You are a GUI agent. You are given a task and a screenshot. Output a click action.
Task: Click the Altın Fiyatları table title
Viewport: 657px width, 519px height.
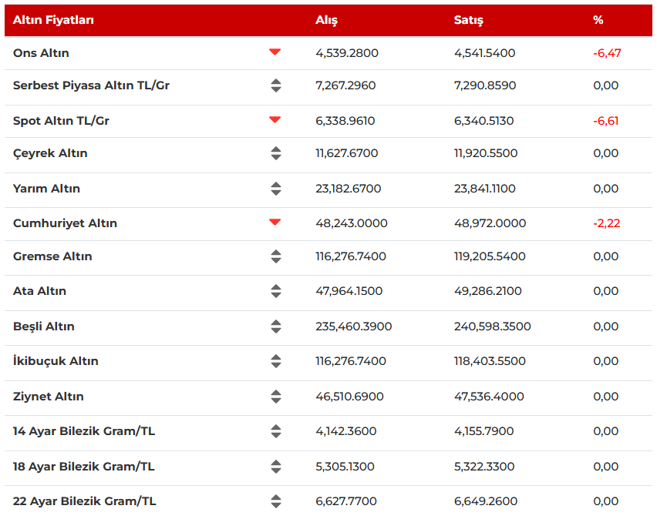[x=53, y=20]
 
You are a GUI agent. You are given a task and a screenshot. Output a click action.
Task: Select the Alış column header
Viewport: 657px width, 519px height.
[x=326, y=20]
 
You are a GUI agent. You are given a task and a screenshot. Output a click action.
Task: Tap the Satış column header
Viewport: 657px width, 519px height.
[x=468, y=20]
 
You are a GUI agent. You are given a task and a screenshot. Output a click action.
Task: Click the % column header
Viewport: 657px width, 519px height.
[x=598, y=20]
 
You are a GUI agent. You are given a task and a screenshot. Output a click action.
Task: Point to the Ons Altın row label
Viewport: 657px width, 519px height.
[x=41, y=53]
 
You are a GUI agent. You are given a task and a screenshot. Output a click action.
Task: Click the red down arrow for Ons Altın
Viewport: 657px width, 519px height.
[x=275, y=52]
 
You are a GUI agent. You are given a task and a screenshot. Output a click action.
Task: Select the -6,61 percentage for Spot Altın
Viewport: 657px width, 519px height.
[x=606, y=121]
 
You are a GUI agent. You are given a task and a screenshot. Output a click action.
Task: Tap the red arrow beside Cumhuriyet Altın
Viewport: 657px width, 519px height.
[x=275, y=223]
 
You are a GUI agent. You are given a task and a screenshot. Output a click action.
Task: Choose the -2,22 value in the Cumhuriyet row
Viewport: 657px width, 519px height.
[x=606, y=223]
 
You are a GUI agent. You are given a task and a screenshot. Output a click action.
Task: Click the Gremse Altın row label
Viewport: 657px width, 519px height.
[x=52, y=256]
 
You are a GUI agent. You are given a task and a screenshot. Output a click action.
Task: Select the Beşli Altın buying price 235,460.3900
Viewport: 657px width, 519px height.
[x=353, y=326]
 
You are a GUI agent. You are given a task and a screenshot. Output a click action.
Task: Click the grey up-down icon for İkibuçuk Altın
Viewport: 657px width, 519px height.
[x=276, y=361]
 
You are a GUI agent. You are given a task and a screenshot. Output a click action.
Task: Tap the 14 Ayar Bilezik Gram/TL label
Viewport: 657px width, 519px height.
[x=84, y=431]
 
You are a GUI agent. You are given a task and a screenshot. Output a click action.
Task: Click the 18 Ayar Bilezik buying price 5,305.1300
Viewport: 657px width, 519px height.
[x=345, y=467]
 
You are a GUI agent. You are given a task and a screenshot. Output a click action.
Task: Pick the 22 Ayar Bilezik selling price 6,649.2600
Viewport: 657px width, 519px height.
[x=485, y=501]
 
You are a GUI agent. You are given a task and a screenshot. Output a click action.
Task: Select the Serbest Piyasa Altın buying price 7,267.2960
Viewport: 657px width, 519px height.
[x=345, y=85]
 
